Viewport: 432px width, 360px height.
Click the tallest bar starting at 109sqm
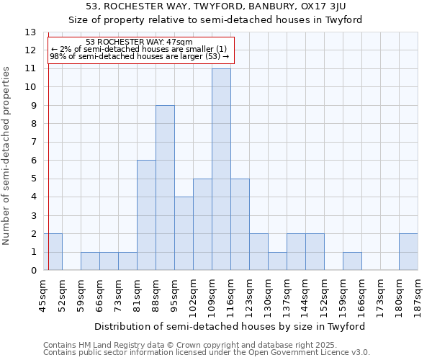click(x=221, y=169)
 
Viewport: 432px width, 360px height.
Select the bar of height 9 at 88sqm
click(x=165, y=188)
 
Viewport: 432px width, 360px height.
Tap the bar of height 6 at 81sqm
click(x=146, y=215)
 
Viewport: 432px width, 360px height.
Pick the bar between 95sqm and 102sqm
click(x=184, y=233)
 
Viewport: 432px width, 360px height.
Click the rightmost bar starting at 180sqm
click(x=408, y=252)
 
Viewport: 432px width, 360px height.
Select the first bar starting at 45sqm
click(x=53, y=252)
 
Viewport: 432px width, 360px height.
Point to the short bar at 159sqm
click(x=352, y=261)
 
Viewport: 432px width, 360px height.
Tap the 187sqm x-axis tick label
click(x=418, y=294)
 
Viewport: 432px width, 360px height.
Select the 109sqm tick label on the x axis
click(x=212, y=294)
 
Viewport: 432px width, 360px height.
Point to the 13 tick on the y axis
click(x=30, y=32)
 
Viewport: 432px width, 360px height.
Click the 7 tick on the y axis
click(x=32, y=143)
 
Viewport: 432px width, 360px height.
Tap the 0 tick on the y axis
click(x=32, y=271)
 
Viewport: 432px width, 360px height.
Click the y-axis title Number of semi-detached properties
click(x=7, y=156)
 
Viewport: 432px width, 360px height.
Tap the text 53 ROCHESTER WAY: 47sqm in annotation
click(x=138, y=42)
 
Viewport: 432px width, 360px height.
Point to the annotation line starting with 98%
click(x=139, y=56)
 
